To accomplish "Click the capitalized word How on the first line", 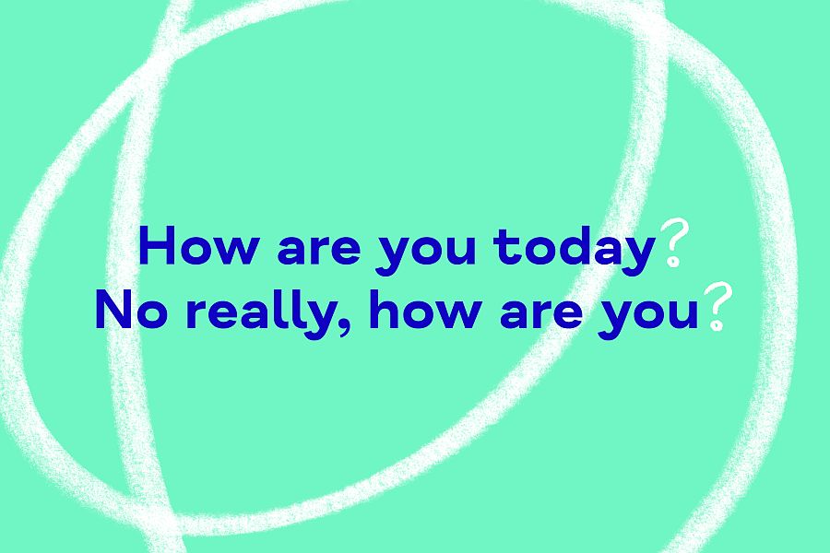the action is point(198,245).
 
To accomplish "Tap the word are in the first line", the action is point(319,250).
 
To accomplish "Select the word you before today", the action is point(426,255).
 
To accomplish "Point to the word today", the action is point(574,250).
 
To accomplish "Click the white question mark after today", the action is point(673,243).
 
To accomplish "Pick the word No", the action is point(131,311).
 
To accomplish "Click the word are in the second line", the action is point(541,314).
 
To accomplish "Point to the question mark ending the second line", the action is point(717,307).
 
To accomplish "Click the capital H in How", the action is point(156,245).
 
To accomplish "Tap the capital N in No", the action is point(113,311).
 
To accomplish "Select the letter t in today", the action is point(504,248).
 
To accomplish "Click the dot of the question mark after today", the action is point(673,262).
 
